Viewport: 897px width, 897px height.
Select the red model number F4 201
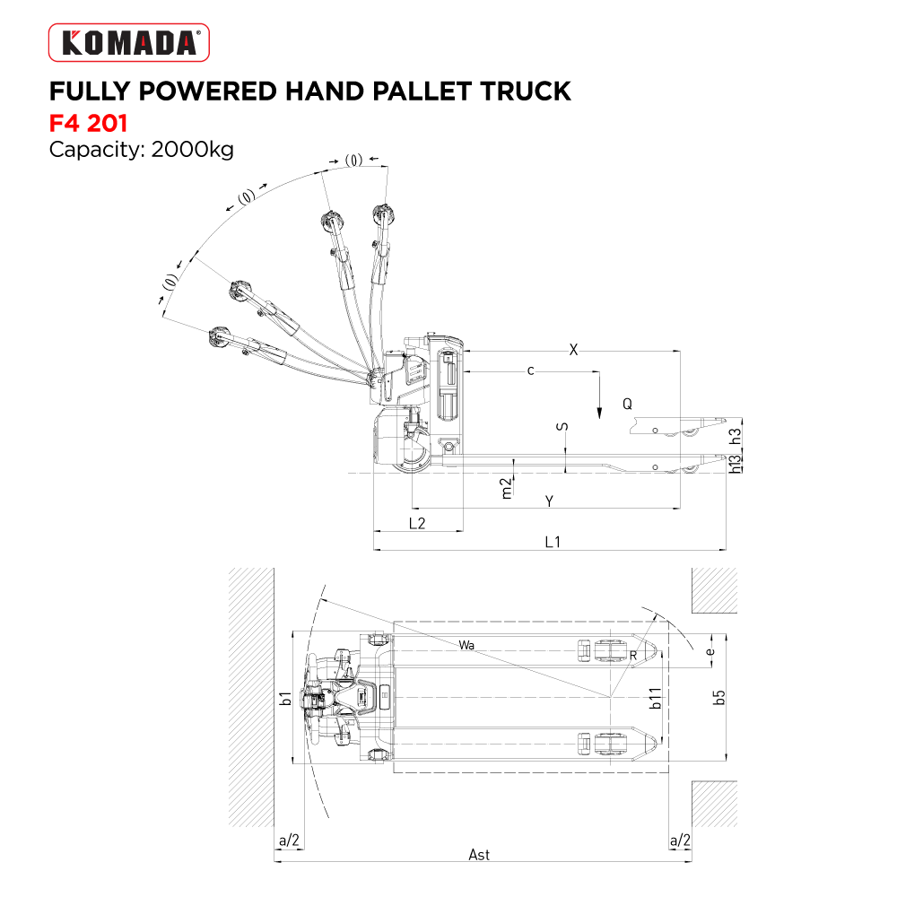point(88,121)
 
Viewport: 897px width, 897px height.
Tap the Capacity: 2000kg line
point(141,149)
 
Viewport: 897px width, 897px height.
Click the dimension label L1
point(553,541)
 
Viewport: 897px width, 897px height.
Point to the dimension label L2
point(416,523)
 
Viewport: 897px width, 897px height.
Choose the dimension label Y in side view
point(549,501)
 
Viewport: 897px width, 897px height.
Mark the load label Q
point(628,405)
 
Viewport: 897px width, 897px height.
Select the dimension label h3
point(736,436)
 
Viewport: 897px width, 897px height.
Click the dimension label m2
point(506,487)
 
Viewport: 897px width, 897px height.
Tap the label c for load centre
point(531,370)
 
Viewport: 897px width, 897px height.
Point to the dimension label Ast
point(479,855)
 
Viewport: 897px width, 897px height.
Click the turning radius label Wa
point(466,645)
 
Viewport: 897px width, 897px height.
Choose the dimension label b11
point(656,699)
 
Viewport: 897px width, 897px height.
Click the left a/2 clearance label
point(289,840)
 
